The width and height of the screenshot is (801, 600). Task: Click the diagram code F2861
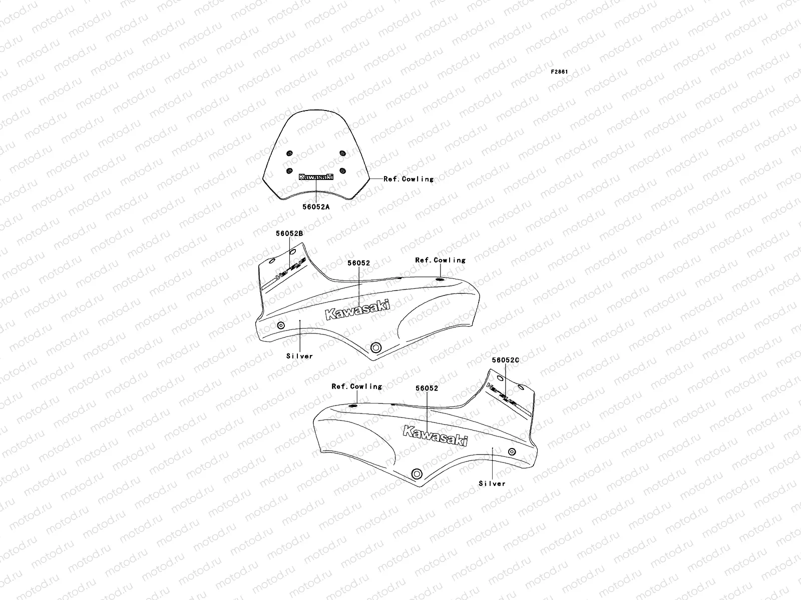559,72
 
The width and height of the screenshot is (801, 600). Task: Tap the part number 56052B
289,233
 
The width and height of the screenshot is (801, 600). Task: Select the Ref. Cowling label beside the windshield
408,178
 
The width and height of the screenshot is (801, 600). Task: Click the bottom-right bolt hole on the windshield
343,171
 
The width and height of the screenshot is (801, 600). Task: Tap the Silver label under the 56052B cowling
299,356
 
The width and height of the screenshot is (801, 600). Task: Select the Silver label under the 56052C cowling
492,483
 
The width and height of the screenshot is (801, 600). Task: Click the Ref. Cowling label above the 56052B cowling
440,260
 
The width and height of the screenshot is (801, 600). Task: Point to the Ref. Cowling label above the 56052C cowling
356,386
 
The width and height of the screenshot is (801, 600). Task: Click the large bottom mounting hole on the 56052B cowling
375,347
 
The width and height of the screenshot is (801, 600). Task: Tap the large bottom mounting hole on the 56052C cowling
416,473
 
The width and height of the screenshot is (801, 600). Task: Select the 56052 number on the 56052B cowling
359,263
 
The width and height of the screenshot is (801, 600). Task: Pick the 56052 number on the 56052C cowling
427,388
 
